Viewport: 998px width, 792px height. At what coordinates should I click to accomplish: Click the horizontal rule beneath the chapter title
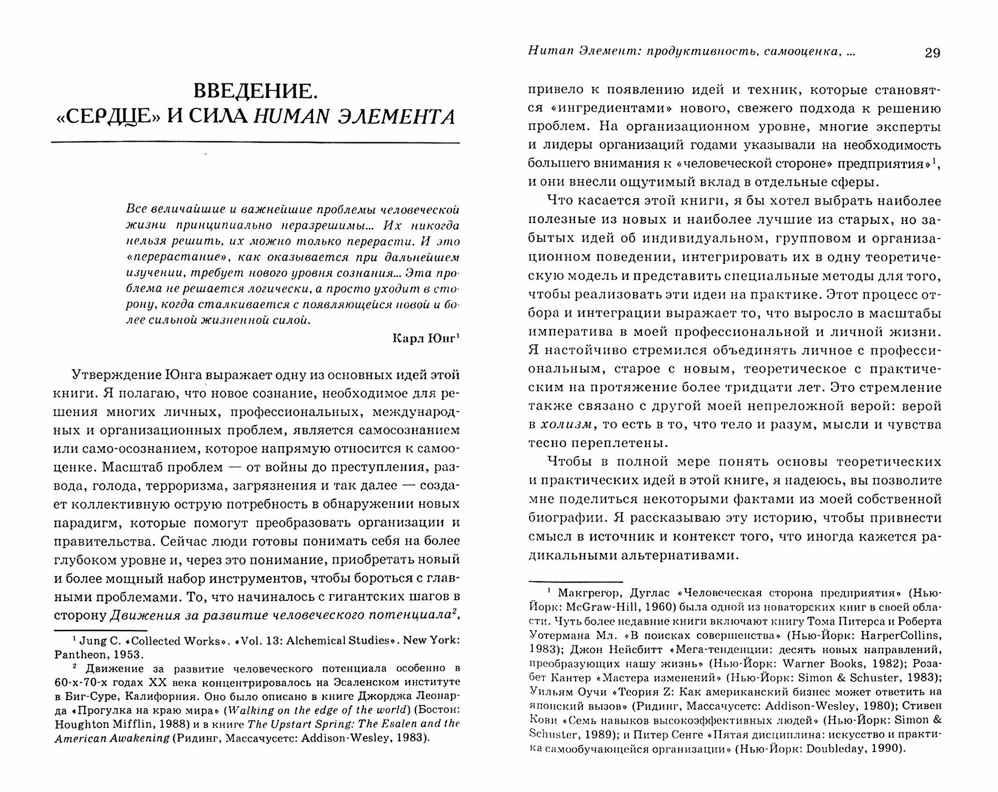pyautogui.click(x=255, y=144)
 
